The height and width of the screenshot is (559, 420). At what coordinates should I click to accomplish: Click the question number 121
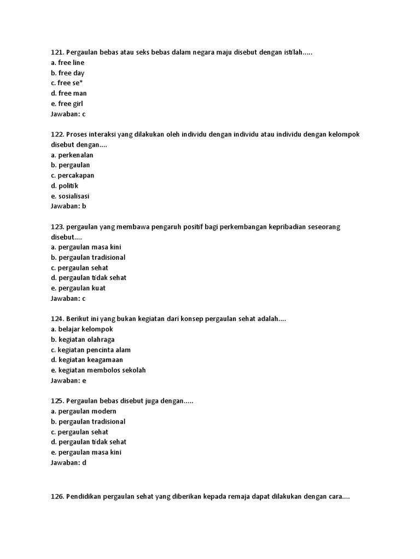pyautogui.click(x=57, y=52)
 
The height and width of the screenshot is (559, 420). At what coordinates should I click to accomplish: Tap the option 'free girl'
pyautogui.click(x=71, y=104)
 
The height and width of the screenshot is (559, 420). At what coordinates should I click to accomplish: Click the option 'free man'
pyautogui.click(x=72, y=93)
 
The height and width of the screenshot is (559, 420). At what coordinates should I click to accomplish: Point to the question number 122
pyautogui.click(x=57, y=134)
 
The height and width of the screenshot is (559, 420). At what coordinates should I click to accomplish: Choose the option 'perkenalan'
pyautogui.click(x=75, y=155)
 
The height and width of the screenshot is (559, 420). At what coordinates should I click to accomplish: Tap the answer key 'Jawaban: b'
pyautogui.click(x=68, y=206)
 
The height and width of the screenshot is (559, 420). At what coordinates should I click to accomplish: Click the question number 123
pyautogui.click(x=57, y=227)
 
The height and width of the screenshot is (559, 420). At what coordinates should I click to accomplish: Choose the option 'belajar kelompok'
pyautogui.click(x=85, y=329)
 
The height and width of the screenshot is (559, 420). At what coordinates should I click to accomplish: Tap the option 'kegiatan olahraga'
pyautogui.click(x=86, y=340)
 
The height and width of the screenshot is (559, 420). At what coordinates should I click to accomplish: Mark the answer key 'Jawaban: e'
pyautogui.click(x=68, y=380)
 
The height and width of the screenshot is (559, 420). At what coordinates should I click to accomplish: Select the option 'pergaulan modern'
pyautogui.click(x=87, y=411)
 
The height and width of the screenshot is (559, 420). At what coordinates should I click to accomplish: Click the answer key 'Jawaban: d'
pyautogui.click(x=68, y=462)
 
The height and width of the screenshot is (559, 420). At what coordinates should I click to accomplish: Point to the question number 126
pyautogui.click(x=57, y=497)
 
